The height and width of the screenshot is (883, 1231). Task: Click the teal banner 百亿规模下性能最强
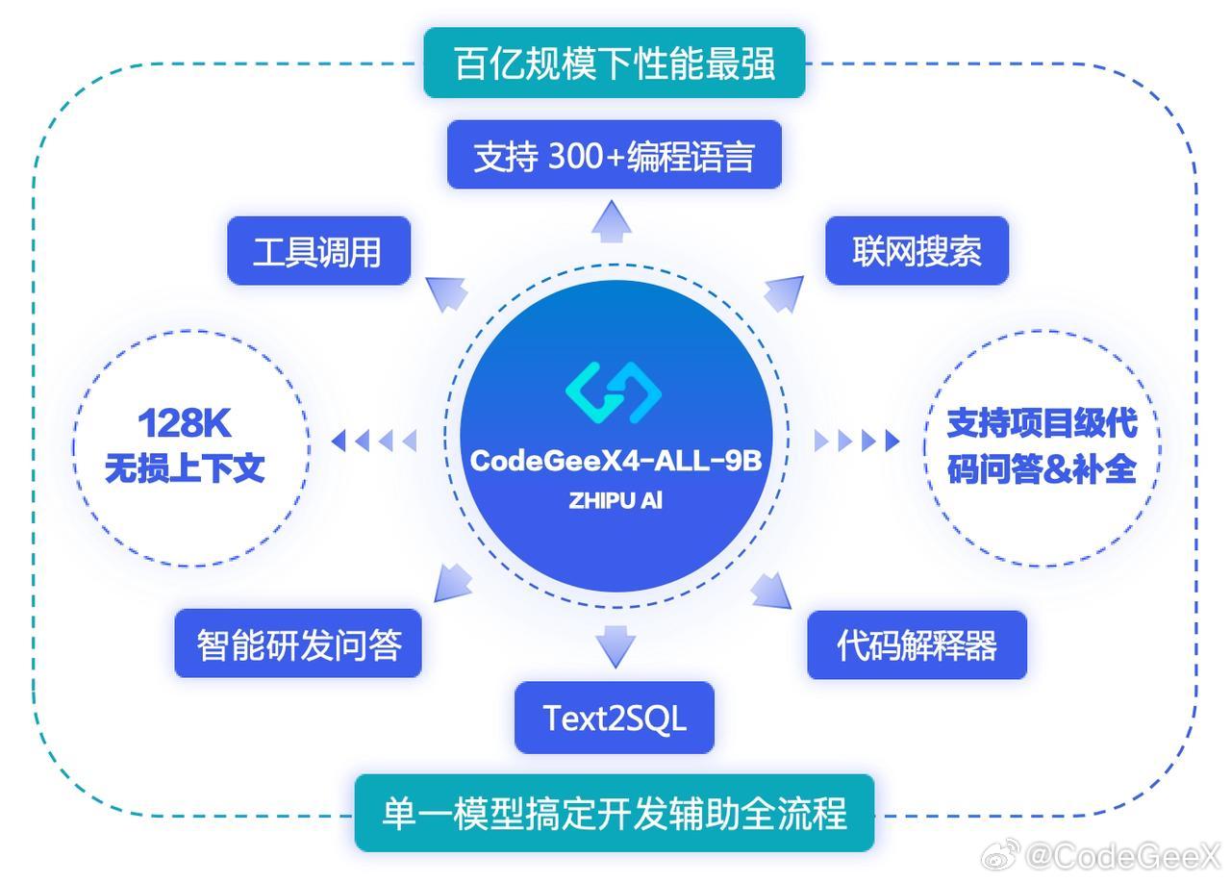click(615, 63)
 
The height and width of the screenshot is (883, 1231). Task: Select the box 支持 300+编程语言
click(615, 155)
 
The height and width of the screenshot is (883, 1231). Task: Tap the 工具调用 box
click(318, 251)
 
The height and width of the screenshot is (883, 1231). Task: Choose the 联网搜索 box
click(917, 251)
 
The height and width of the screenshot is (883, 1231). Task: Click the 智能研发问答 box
click(298, 643)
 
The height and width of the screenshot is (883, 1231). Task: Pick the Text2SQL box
click(615, 718)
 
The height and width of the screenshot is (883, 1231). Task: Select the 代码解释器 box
click(917, 644)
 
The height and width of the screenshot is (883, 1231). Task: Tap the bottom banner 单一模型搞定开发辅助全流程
click(615, 813)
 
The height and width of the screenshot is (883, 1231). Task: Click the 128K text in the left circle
click(185, 423)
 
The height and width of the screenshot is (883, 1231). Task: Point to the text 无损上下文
click(185, 468)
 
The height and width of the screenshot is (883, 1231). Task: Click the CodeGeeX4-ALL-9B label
click(616, 461)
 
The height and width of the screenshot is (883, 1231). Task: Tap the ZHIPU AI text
click(615, 500)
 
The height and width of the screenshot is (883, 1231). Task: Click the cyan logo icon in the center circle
click(614, 392)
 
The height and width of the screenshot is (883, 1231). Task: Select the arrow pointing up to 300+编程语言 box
click(612, 221)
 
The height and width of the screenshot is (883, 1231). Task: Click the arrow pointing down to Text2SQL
click(615, 646)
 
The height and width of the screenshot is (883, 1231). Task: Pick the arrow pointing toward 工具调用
click(446, 294)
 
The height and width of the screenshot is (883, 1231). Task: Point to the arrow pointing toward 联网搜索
click(784, 294)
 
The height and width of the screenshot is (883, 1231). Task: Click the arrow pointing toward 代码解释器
click(771, 591)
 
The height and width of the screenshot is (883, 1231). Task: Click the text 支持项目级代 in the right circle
click(1042, 423)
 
